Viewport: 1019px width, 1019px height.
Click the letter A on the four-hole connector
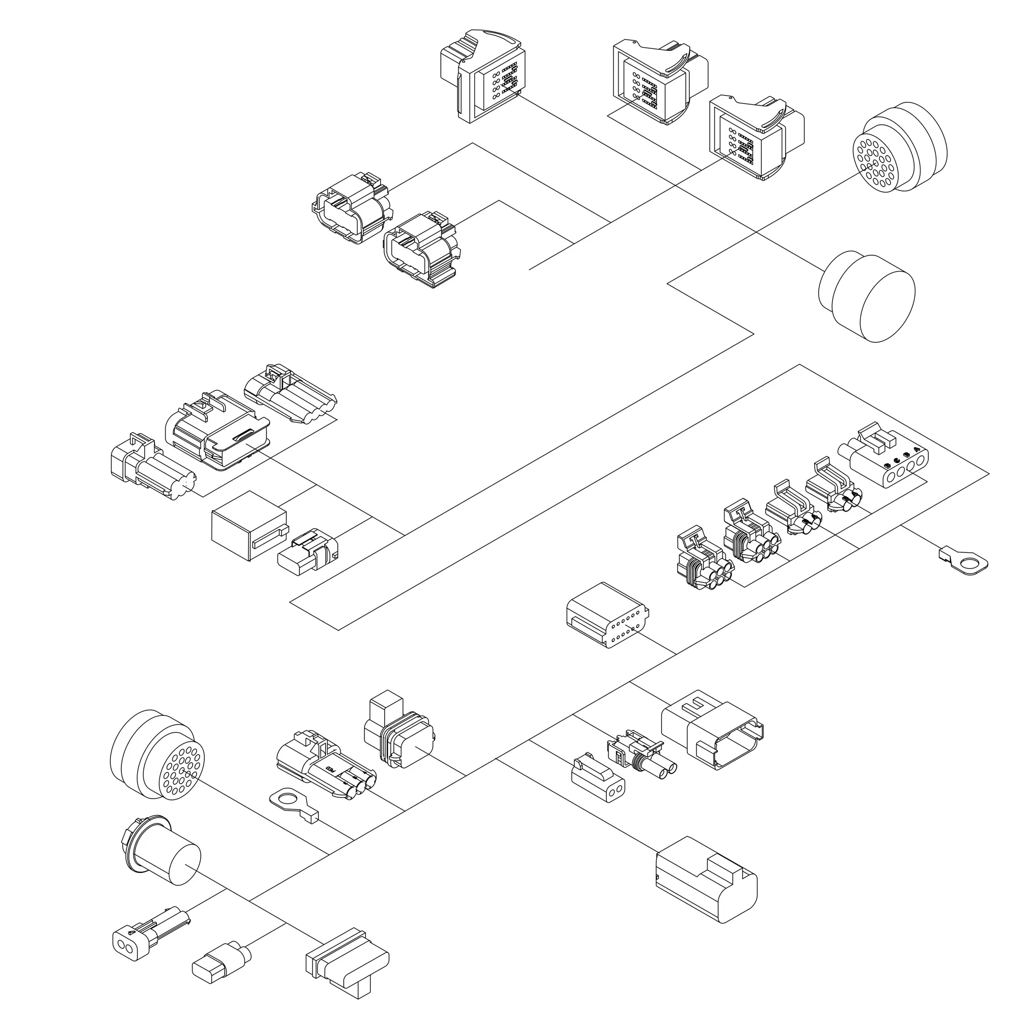[917, 449]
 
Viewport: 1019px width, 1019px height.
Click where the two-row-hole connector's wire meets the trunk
[676, 654]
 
